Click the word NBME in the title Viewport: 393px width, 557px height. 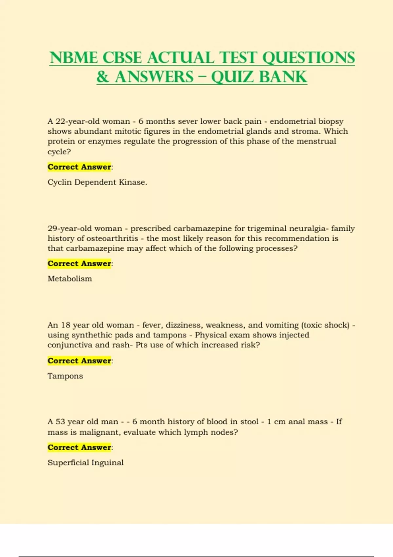coord(74,58)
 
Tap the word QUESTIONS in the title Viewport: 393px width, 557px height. coord(309,58)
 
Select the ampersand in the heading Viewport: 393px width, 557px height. coord(103,77)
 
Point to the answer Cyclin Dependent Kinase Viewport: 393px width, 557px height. coord(97,182)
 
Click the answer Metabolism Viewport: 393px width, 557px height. coord(70,279)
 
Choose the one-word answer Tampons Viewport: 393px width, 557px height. coord(65,376)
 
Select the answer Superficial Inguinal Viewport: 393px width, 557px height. coord(85,463)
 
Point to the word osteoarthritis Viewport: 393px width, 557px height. coord(112,238)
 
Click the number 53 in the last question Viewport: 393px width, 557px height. coord(60,422)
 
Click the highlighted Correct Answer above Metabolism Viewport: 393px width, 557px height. coord(79,263)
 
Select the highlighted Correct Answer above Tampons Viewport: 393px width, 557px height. coord(79,360)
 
